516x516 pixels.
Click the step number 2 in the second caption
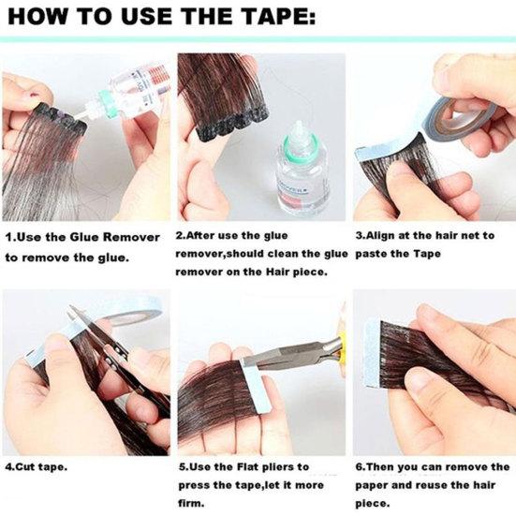[x=180, y=236]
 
